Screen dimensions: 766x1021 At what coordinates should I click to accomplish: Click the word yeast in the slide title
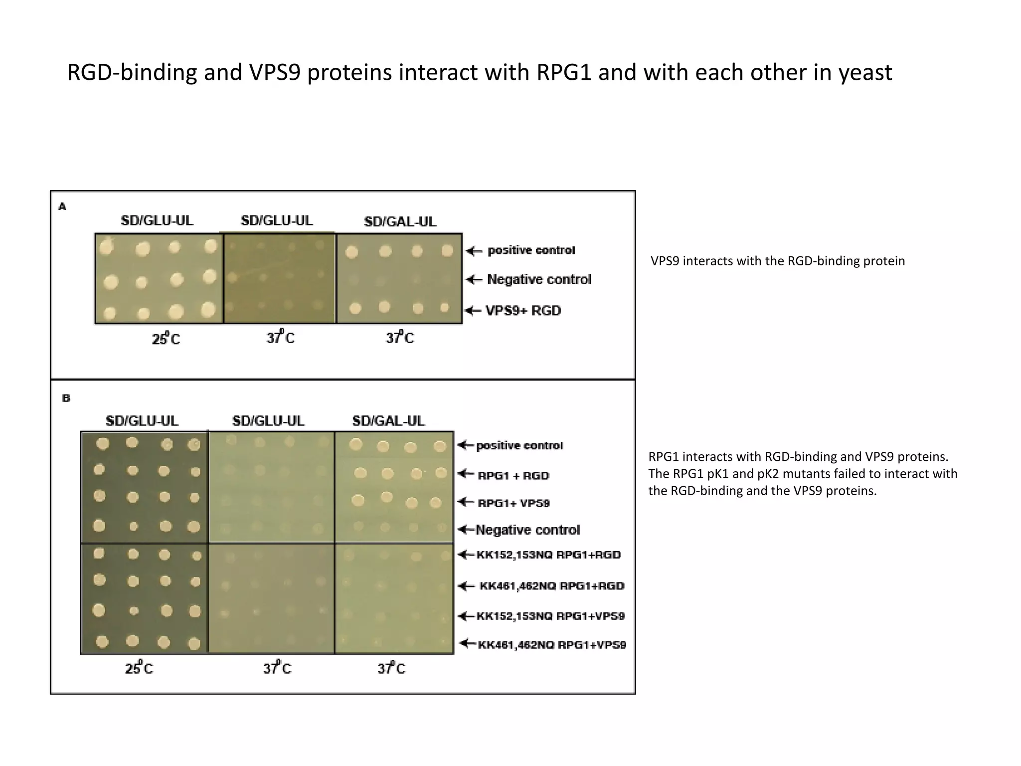click(865, 73)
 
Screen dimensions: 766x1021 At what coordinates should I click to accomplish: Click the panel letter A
click(62, 206)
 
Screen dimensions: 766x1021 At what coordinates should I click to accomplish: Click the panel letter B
click(66, 398)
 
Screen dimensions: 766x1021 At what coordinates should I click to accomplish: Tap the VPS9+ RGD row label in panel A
click(523, 311)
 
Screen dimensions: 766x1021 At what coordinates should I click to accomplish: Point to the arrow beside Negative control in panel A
click(474, 280)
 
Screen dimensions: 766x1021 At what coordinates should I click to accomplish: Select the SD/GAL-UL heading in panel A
click(400, 222)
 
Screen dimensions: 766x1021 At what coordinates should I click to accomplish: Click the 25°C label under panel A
click(166, 339)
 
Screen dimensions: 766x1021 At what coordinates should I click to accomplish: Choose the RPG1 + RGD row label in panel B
click(513, 476)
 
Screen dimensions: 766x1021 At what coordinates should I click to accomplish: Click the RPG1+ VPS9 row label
click(513, 503)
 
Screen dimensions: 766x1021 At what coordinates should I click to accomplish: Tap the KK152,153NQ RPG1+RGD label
click(548, 555)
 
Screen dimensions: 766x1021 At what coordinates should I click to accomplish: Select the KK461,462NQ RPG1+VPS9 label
click(552, 645)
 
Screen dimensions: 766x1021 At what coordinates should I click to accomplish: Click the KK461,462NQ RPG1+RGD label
click(551, 586)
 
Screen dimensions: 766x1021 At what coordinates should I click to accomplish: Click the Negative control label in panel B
click(527, 530)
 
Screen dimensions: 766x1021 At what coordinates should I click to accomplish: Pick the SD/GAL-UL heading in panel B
click(388, 421)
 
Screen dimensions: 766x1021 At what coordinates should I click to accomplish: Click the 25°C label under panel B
click(139, 668)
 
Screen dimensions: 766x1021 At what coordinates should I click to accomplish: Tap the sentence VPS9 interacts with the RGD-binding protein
click(777, 261)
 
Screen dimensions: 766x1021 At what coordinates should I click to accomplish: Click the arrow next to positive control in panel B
click(465, 445)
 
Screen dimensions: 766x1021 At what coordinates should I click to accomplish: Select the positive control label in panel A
click(531, 250)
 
